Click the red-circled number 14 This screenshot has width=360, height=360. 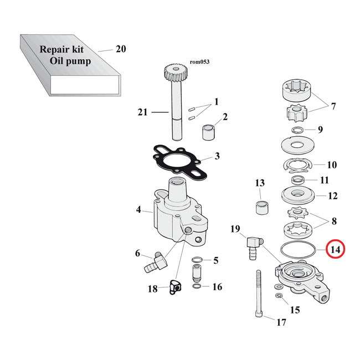click(335, 250)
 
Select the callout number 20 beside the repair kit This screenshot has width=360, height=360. click(121, 49)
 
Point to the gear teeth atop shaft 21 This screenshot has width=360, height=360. click(173, 73)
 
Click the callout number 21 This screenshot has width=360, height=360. click(143, 112)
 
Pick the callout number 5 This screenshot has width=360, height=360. click(216, 260)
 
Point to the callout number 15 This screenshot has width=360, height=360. click(295, 310)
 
